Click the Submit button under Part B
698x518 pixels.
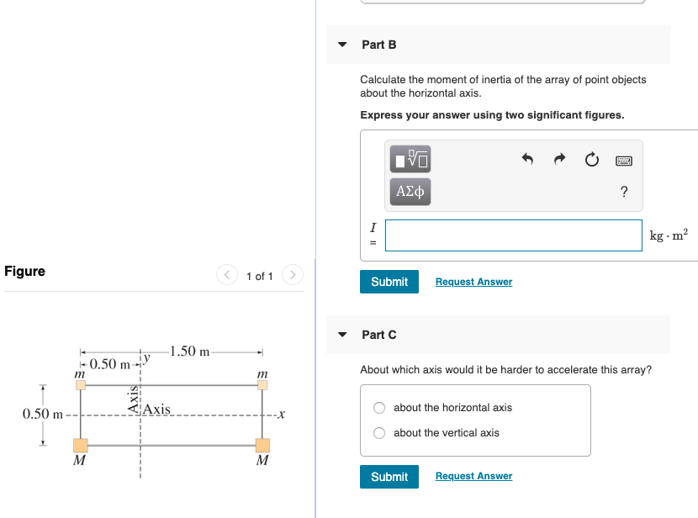tap(389, 282)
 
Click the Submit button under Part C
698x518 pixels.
tap(389, 477)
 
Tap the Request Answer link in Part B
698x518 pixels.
tap(473, 282)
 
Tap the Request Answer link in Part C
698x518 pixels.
tap(473, 477)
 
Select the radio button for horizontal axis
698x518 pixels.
tap(380, 408)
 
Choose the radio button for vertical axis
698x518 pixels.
tap(380, 433)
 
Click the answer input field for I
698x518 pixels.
tap(513, 235)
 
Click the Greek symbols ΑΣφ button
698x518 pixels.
tap(410, 192)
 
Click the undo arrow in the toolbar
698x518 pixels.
tap(528, 159)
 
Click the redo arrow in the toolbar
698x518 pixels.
tap(560, 159)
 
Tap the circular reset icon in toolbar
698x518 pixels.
tap(591, 159)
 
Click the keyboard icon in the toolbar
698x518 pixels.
tap(623, 159)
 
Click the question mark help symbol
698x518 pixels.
tap(623, 192)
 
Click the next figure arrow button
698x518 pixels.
tap(292, 275)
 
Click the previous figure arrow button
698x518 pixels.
tap(227, 275)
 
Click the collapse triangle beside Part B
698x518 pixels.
tap(342, 45)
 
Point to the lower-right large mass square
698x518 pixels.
tap(262, 445)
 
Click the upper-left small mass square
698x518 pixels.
tap(81, 385)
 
